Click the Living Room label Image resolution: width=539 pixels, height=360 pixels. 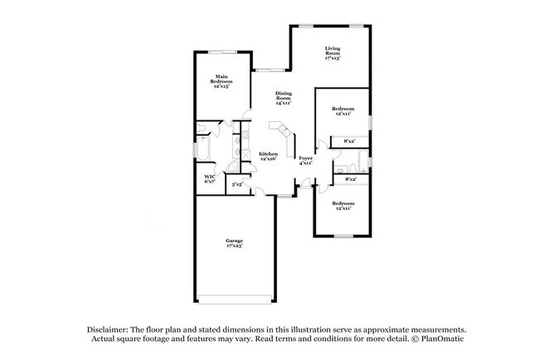click(333, 51)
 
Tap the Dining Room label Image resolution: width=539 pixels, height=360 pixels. click(284, 95)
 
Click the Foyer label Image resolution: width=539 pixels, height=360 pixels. click(305, 158)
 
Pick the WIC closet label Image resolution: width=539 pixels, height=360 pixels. click(210, 176)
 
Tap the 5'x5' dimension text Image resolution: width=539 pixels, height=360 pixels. click(237, 184)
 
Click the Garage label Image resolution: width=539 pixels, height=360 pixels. click(235, 241)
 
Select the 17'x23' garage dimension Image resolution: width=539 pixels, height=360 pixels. click(235, 246)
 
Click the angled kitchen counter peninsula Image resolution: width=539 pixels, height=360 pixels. click(282, 133)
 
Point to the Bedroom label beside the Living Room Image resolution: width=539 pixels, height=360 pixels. click(343, 109)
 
